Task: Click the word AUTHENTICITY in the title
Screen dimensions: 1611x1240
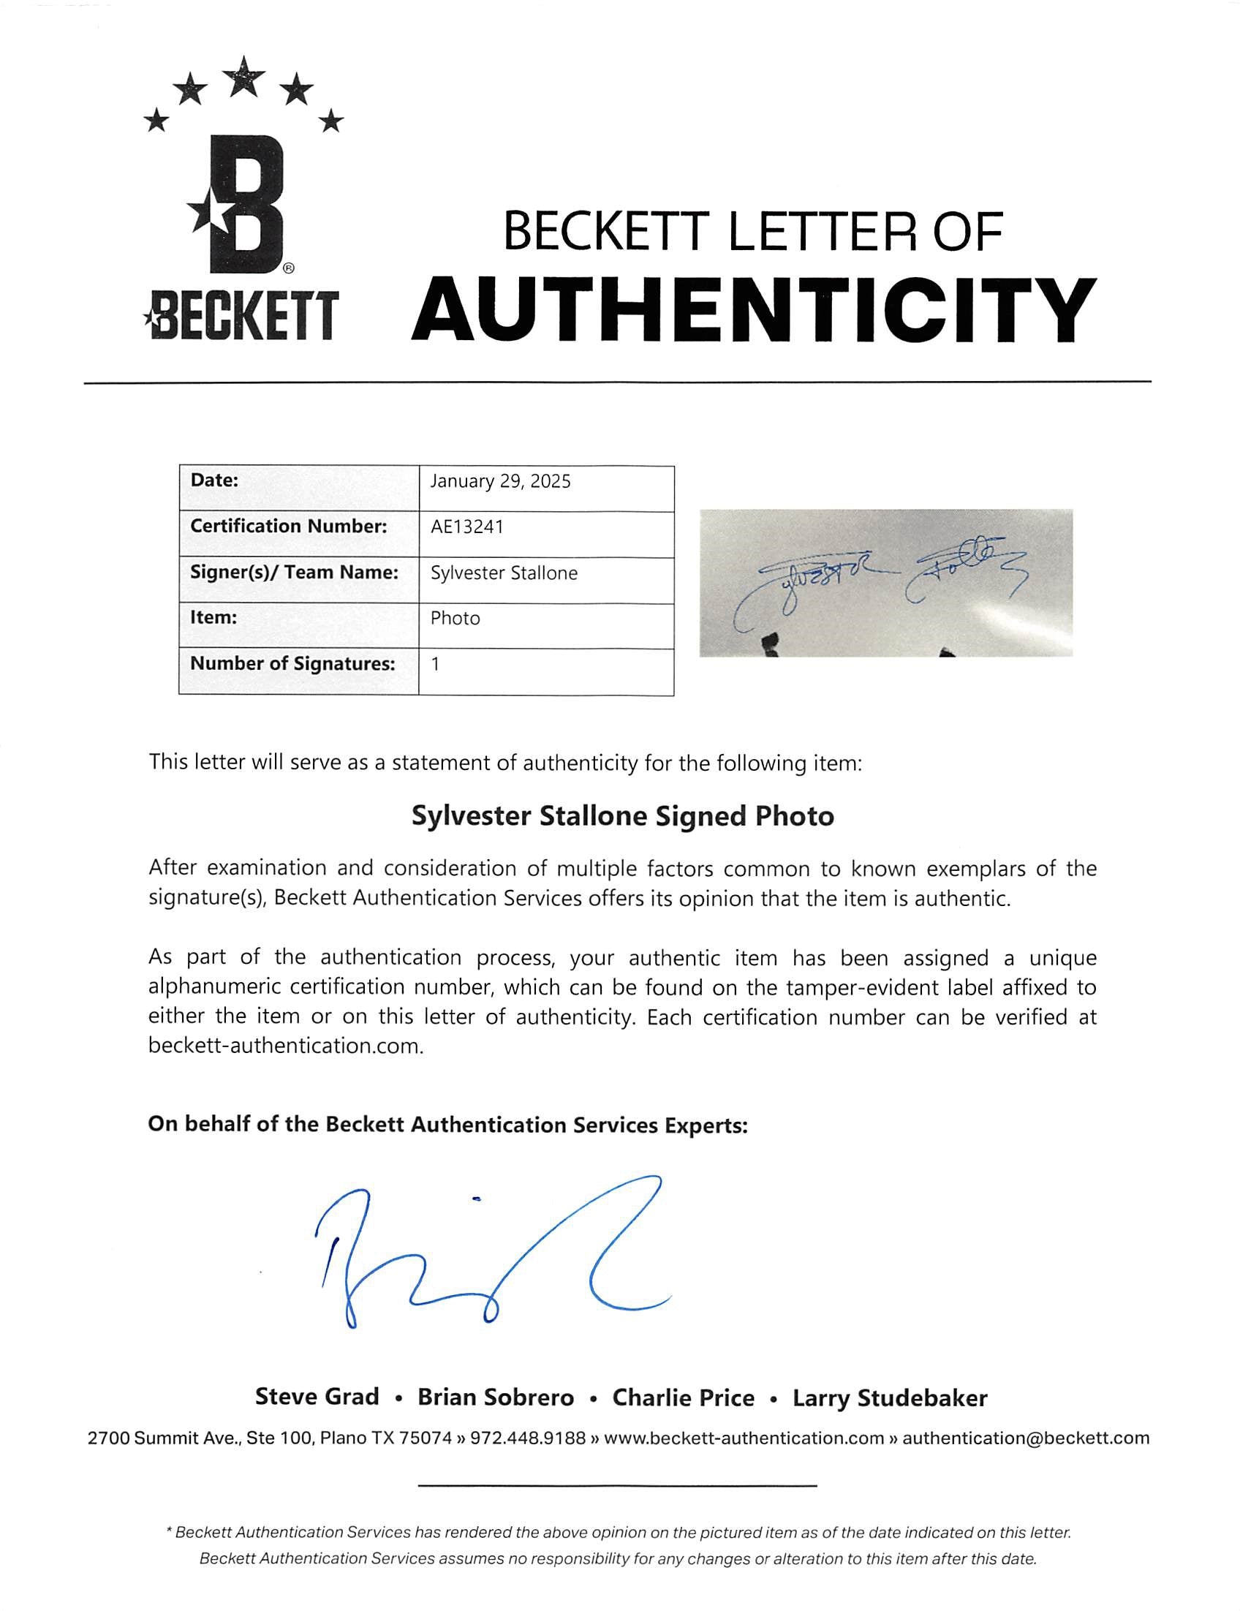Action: pos(753,311)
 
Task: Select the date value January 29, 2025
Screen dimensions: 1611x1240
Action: pos(500,482)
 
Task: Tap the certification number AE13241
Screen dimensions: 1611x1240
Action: pos(467,527)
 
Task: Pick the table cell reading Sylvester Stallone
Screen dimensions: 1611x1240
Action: pos(504,573)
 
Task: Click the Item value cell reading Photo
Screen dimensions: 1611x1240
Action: pos(455,618)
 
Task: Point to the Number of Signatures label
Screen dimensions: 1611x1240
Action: pos(293,664)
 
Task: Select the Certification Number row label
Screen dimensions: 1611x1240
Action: pos(288,527)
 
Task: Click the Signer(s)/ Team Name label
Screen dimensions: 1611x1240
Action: pos(295,573)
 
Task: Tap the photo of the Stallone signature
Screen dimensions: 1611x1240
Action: pos(885,582)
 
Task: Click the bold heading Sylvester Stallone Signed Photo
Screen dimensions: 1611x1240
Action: pos(622,816)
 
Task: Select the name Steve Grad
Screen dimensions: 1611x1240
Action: pos(317,1397)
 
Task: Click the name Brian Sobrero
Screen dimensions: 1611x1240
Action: pos(496,1397)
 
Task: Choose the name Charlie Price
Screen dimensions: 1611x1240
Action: pos(683,1397)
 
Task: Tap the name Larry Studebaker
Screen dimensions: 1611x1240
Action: pos(890,1398)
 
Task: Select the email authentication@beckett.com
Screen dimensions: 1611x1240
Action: pos(1025,1438)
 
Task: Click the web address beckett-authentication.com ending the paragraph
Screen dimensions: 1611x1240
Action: pos(285,1046)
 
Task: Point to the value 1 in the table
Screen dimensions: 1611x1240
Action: pos(435,664)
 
